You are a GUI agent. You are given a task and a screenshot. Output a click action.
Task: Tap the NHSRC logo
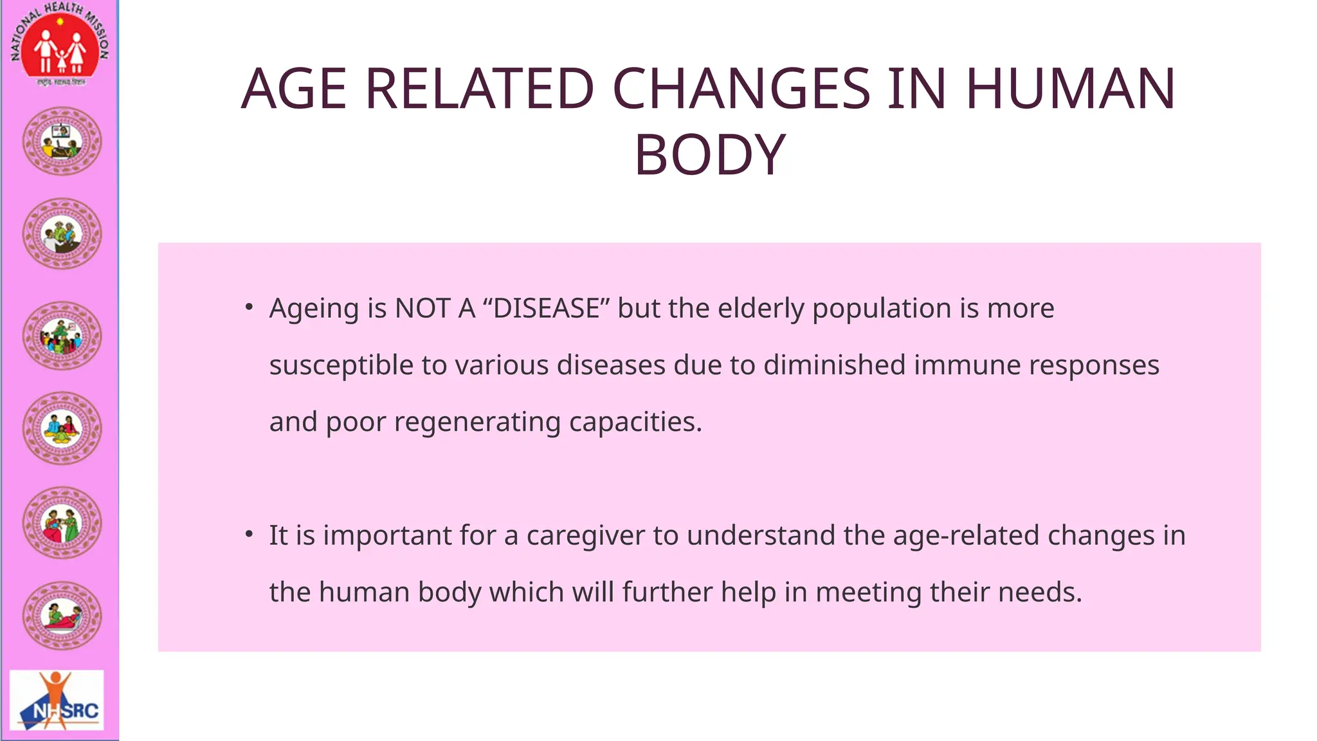click(57, 701)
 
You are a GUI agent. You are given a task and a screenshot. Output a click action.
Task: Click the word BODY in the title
click(709, 155)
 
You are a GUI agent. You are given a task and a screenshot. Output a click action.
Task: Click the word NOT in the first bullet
click(422, 309)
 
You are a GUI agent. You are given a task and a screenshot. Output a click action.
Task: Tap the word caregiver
click(585, 536)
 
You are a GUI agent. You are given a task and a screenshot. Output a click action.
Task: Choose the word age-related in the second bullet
click(966, 536)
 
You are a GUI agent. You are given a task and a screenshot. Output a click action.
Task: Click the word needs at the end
click(1040, 592)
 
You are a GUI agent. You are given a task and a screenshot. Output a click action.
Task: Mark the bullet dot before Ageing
click(249, 307)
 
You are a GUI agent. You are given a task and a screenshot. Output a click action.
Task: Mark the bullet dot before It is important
click(249, 535)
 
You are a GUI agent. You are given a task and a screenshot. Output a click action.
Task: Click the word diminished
click(834, 365)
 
